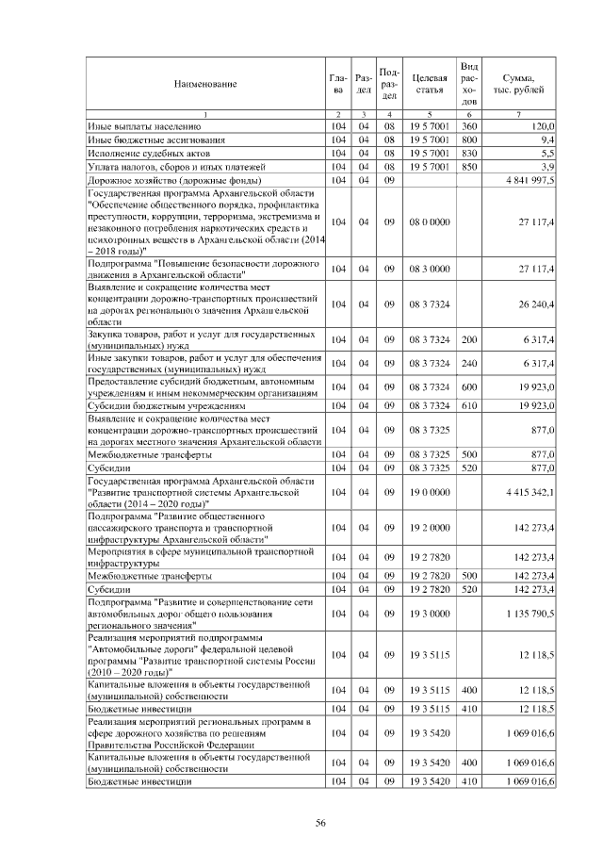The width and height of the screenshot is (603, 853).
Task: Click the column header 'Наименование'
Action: pyautogui.click(x=204, y=84)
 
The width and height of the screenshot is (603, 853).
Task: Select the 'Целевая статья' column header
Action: pyautogui.click(x=429, y=84)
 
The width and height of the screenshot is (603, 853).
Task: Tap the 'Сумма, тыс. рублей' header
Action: pyautogui.click(x=519, y=84)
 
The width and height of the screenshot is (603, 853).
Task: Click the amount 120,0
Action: pyautogui.click(x=541, y=125)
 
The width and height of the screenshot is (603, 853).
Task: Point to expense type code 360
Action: pyautogui.click(x=469, y=125)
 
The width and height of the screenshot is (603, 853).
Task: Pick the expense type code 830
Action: pyautogui.click(x=469, y=152)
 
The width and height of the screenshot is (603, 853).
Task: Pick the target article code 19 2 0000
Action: pyautogui.click(x=429, y=527)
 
